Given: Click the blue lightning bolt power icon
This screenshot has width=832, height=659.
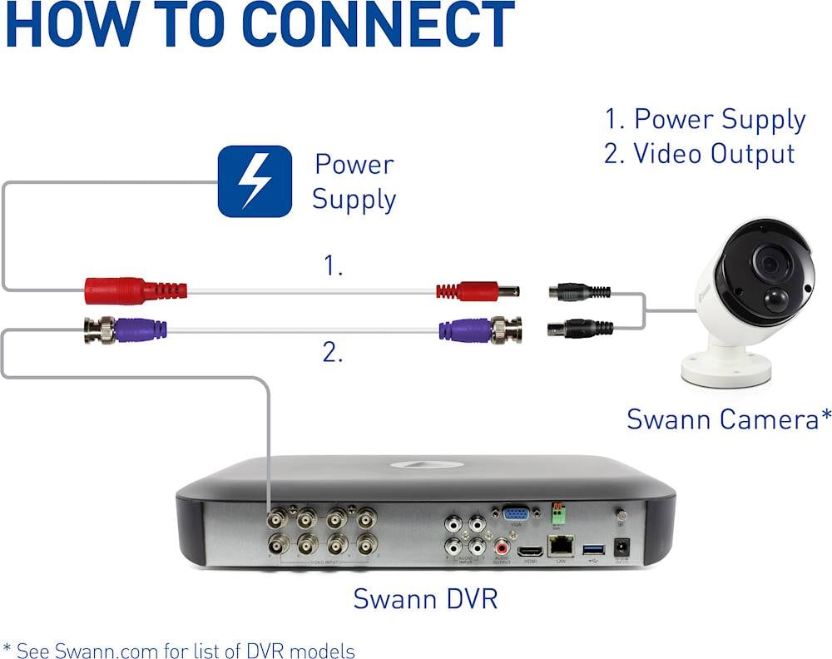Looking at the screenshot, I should click(255, 181).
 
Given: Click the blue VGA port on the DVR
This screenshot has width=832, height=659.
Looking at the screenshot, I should click(515, 515).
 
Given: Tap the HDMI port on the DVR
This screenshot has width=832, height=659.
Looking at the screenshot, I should click(529, 550).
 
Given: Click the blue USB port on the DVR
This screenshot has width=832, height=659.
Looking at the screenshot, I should click(594, 550).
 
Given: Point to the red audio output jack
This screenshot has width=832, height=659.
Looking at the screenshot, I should click(503, 548).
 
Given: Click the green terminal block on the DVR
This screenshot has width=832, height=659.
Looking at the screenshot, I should click(558, 514).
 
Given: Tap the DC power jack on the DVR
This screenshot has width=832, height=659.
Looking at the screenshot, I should click(621, 548).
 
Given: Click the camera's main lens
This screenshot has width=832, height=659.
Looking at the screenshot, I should click(770, 265).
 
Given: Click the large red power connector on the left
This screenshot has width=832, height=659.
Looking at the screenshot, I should click(133, 290).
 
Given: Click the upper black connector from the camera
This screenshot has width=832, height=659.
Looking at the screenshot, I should click(579, 292).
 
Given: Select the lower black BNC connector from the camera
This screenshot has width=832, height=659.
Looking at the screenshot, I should click(580, 329).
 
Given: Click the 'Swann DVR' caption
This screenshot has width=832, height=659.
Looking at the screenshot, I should click(425, 597).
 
